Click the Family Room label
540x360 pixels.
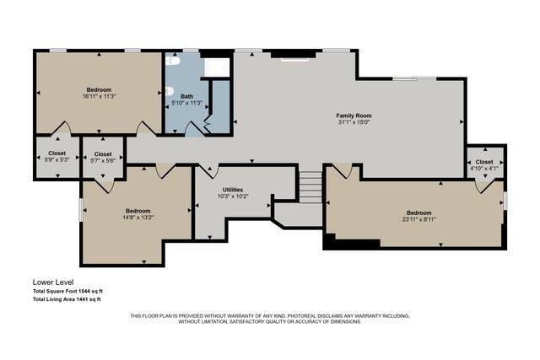click(354, 116)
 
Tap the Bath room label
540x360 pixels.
click(187, 96)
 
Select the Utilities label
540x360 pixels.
click(233, 190)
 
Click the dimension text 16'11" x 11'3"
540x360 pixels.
click(99, 96)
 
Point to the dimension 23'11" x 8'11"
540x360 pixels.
click(419, 219)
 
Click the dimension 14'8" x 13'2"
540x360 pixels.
click(138, 218)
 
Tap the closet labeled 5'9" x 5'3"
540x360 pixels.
click(57, 157)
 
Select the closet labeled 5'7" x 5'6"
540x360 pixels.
click(103, 158)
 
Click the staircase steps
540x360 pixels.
click(310, 186)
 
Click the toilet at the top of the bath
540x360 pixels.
click(173, 62)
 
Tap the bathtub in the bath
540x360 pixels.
click(217, 67)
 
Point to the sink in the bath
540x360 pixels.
click(169, 92)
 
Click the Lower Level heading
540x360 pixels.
click(53, 282)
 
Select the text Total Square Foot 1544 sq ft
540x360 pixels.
click(67, 291)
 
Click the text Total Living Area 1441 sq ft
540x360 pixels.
click(67, 299)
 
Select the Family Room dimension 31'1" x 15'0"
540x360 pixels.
click(354, 122)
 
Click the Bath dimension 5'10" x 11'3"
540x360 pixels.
click(187, 103)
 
